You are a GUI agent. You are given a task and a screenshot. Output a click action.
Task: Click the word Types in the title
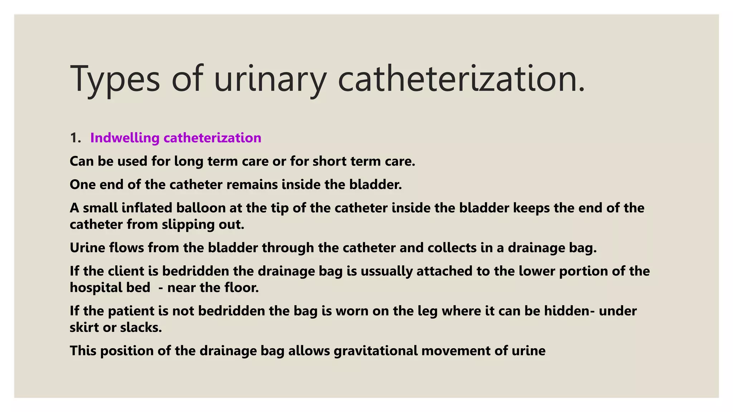pyautogui.click(x=115, y=79)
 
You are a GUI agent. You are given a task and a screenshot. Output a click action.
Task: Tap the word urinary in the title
pyautogui.click(x=270, y=79)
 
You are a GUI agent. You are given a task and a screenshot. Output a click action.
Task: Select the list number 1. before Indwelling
pyautogui.click(x=76, y=138)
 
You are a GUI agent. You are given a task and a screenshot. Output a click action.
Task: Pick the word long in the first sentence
pyautogui.click(x=189, y=162)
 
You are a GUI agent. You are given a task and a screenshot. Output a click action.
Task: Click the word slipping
pyautogui.click(x=188, y=225)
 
